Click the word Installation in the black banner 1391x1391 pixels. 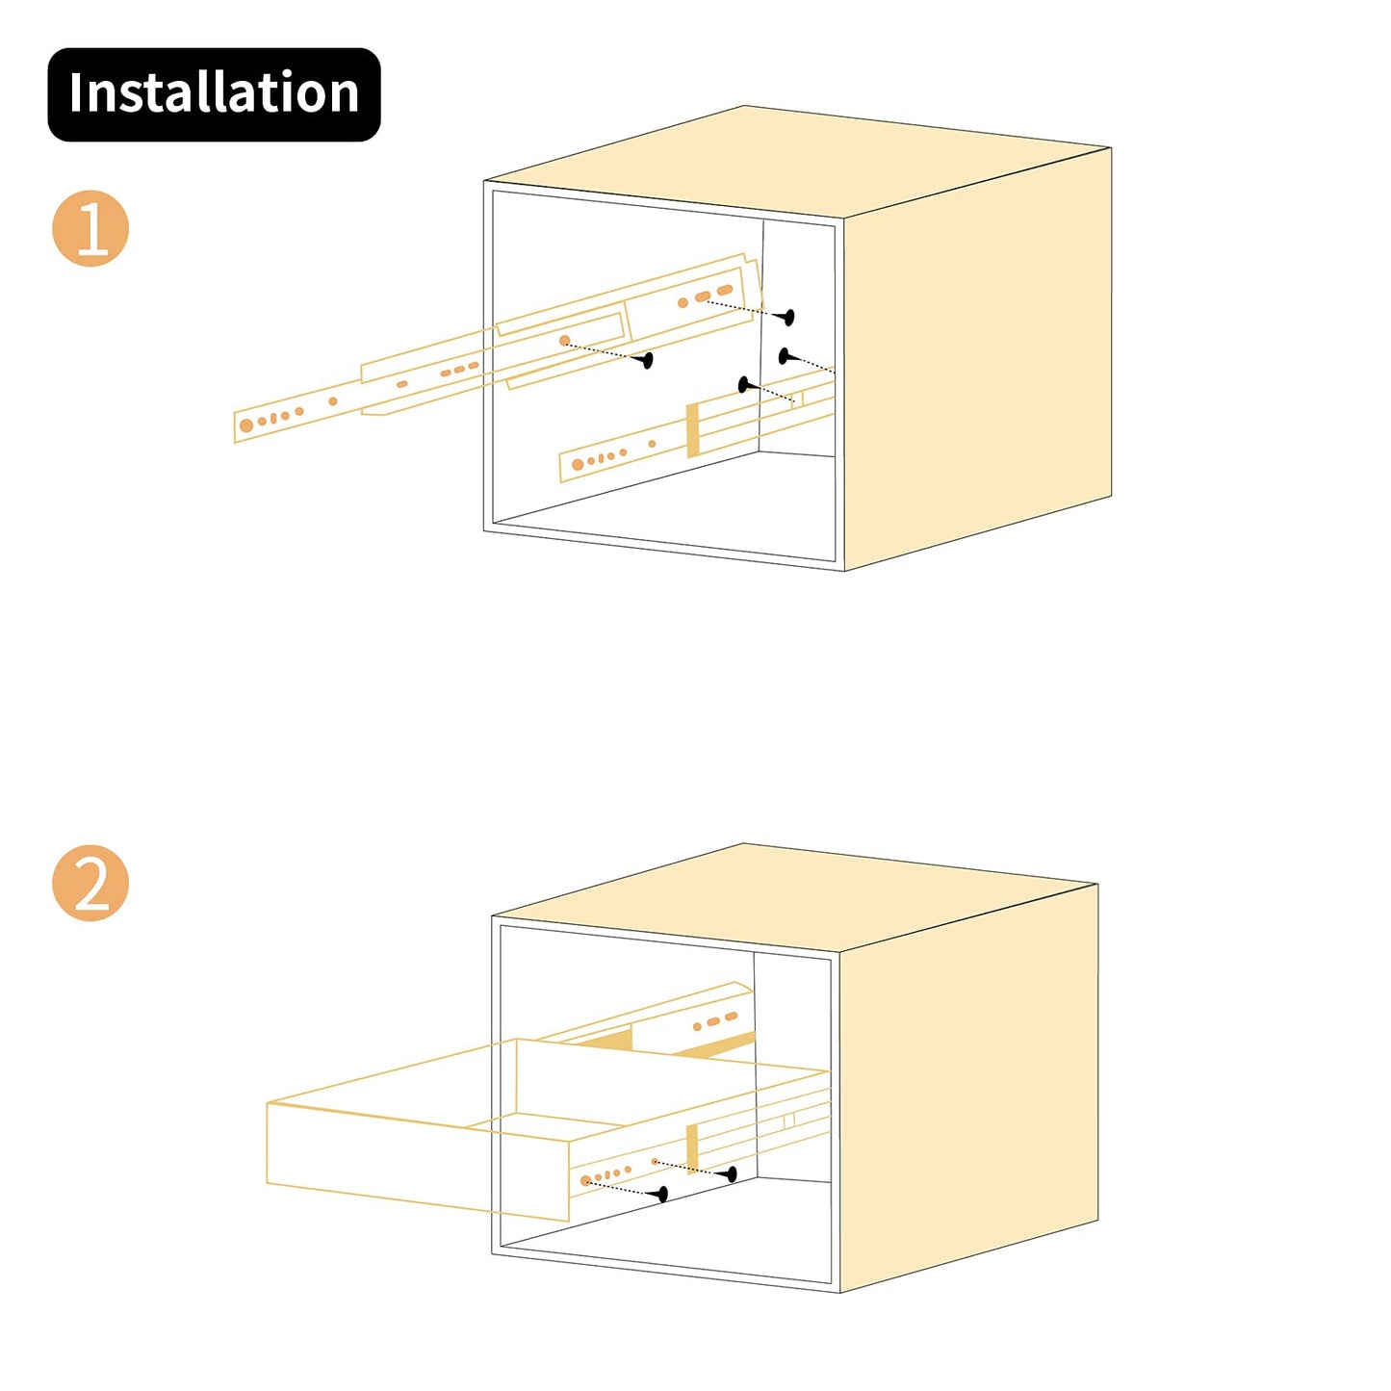[214, 93]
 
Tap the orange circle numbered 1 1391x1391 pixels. [90, 228]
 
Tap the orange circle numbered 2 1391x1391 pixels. [90, 883]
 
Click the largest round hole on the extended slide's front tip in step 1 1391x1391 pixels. [246, 425]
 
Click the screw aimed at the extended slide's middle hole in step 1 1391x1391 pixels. [647, 360]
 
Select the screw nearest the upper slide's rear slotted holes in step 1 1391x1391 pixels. [787, 316]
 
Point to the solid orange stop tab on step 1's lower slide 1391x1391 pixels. [692, 430]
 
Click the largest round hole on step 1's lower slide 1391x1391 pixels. [578, 465]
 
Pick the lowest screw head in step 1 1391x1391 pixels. [744, 385]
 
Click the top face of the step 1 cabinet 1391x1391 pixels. [789, 164]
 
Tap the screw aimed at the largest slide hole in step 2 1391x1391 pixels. [661, 1195]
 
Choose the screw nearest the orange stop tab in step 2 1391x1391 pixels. [732, 1173]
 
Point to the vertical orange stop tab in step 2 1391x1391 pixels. [692, 1148]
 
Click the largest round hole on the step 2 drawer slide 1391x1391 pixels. [585, 1180]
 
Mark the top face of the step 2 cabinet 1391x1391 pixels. [789, 900]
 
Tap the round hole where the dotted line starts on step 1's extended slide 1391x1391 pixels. [565, 341]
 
